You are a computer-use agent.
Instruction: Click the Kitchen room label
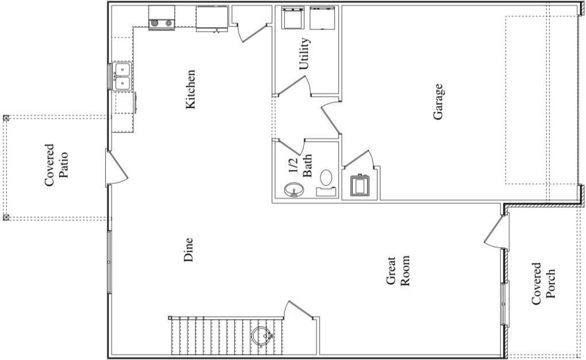click(191, 89)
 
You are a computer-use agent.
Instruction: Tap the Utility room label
click(305, 54)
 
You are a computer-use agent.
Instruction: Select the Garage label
click(439, 101)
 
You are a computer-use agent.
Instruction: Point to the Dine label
click(188, 251)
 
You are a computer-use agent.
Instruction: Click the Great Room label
click(397, 271)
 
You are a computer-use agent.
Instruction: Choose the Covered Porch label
click(543, 283)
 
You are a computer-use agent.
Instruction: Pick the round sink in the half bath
click(294, 190)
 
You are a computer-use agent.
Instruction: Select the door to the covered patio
click(115, 168)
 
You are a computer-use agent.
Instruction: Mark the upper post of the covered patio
click(6, 118)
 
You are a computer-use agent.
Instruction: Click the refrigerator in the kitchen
click(212, 18)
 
